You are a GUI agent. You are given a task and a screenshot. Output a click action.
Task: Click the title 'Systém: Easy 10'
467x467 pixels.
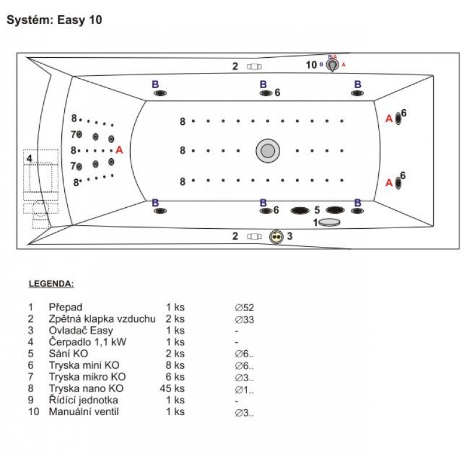[x=54, y=20]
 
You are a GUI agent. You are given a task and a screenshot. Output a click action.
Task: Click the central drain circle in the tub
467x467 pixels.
[x=268, y=151]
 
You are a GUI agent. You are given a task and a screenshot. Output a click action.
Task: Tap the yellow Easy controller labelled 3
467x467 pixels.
[x=277, y=236]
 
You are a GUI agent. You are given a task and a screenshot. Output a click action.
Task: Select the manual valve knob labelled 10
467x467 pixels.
[x=332, y=65]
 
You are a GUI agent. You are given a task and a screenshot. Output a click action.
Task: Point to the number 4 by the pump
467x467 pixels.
[x=29, y=158]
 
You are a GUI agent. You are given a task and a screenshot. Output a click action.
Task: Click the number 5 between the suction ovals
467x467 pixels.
[x=317, y=210]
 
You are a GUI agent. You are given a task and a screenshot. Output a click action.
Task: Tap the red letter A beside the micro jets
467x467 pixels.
[x=119, y=150]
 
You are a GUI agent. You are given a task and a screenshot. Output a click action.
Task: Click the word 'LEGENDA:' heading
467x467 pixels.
[x=51, y=284]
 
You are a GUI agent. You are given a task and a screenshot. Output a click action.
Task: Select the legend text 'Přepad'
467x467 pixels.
[x=65, y=307]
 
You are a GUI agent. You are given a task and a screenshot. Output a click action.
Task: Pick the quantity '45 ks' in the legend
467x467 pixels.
[x=172, y=388]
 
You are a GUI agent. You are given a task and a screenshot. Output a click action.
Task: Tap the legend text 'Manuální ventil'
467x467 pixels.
[x=83, y=412]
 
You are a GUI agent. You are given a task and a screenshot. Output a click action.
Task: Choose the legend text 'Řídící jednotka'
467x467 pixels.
[x=83, y=400]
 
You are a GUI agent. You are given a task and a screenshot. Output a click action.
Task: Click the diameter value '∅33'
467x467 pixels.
[x=245, y=319]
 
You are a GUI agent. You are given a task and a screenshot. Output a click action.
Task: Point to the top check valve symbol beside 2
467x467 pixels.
[x=253, y=67]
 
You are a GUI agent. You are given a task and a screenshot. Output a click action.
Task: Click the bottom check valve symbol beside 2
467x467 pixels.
[x=253, y=236]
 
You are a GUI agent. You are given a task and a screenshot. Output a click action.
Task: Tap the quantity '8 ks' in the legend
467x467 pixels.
[x=175, y=365]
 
